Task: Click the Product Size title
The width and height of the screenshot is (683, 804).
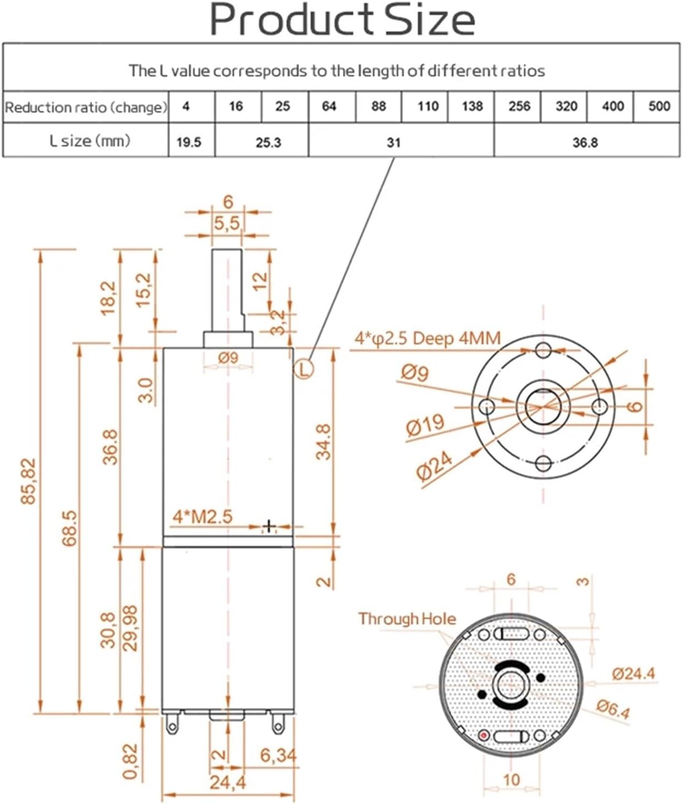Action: click(x=342, y=20)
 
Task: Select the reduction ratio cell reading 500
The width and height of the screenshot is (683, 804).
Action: click(x=659, y=106)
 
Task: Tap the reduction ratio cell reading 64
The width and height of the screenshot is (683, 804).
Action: click(x=329, y=106)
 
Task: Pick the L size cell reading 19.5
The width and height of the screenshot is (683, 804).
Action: click(x=189, y=142)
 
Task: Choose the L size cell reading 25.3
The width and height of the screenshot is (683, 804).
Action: click(x=268, y=142)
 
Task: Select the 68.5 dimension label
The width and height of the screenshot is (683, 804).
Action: click(x=70, y=528)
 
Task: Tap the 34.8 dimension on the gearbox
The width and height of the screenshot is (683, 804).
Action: click(x=323, y=442)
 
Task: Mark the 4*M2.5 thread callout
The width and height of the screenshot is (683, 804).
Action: click(x=202, y=516)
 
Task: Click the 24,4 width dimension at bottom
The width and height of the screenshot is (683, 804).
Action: click(x=228, y=782)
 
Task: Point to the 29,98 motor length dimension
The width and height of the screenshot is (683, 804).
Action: click(x=130, y=628)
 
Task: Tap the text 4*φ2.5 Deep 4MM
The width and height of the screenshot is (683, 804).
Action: click(x=427, y=339)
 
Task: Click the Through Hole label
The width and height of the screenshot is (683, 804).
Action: click(x=407, y=619)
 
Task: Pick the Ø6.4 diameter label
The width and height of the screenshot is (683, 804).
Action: click(x=613, y=709)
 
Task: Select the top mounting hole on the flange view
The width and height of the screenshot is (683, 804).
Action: click(x=543, y=349)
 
